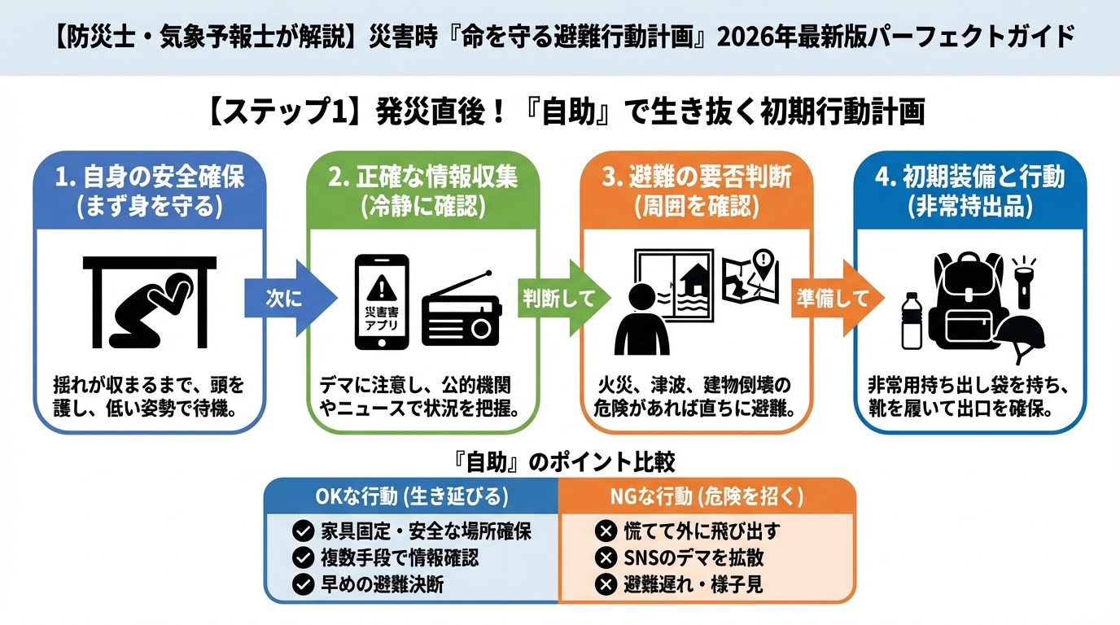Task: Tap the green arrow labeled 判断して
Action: [x=563, y=299]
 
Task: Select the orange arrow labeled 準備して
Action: [x=837, y=299]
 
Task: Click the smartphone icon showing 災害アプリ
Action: [x=382, y=301]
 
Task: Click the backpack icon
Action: [x=968, y=301]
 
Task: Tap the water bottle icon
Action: [x=912, y=321]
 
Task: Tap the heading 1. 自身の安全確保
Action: [x=150, y=177]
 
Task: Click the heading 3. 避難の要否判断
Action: [x=697, y=177]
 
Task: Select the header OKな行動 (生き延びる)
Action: [x=412, y=496]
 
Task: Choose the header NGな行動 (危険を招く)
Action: [x=707, y=496]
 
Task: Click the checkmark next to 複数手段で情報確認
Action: [x=303, y=558]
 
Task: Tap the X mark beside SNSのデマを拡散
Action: [x=606, y=558]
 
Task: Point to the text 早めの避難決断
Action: [x=382, y=584]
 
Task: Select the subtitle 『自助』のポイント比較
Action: [x=562, y=462]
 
